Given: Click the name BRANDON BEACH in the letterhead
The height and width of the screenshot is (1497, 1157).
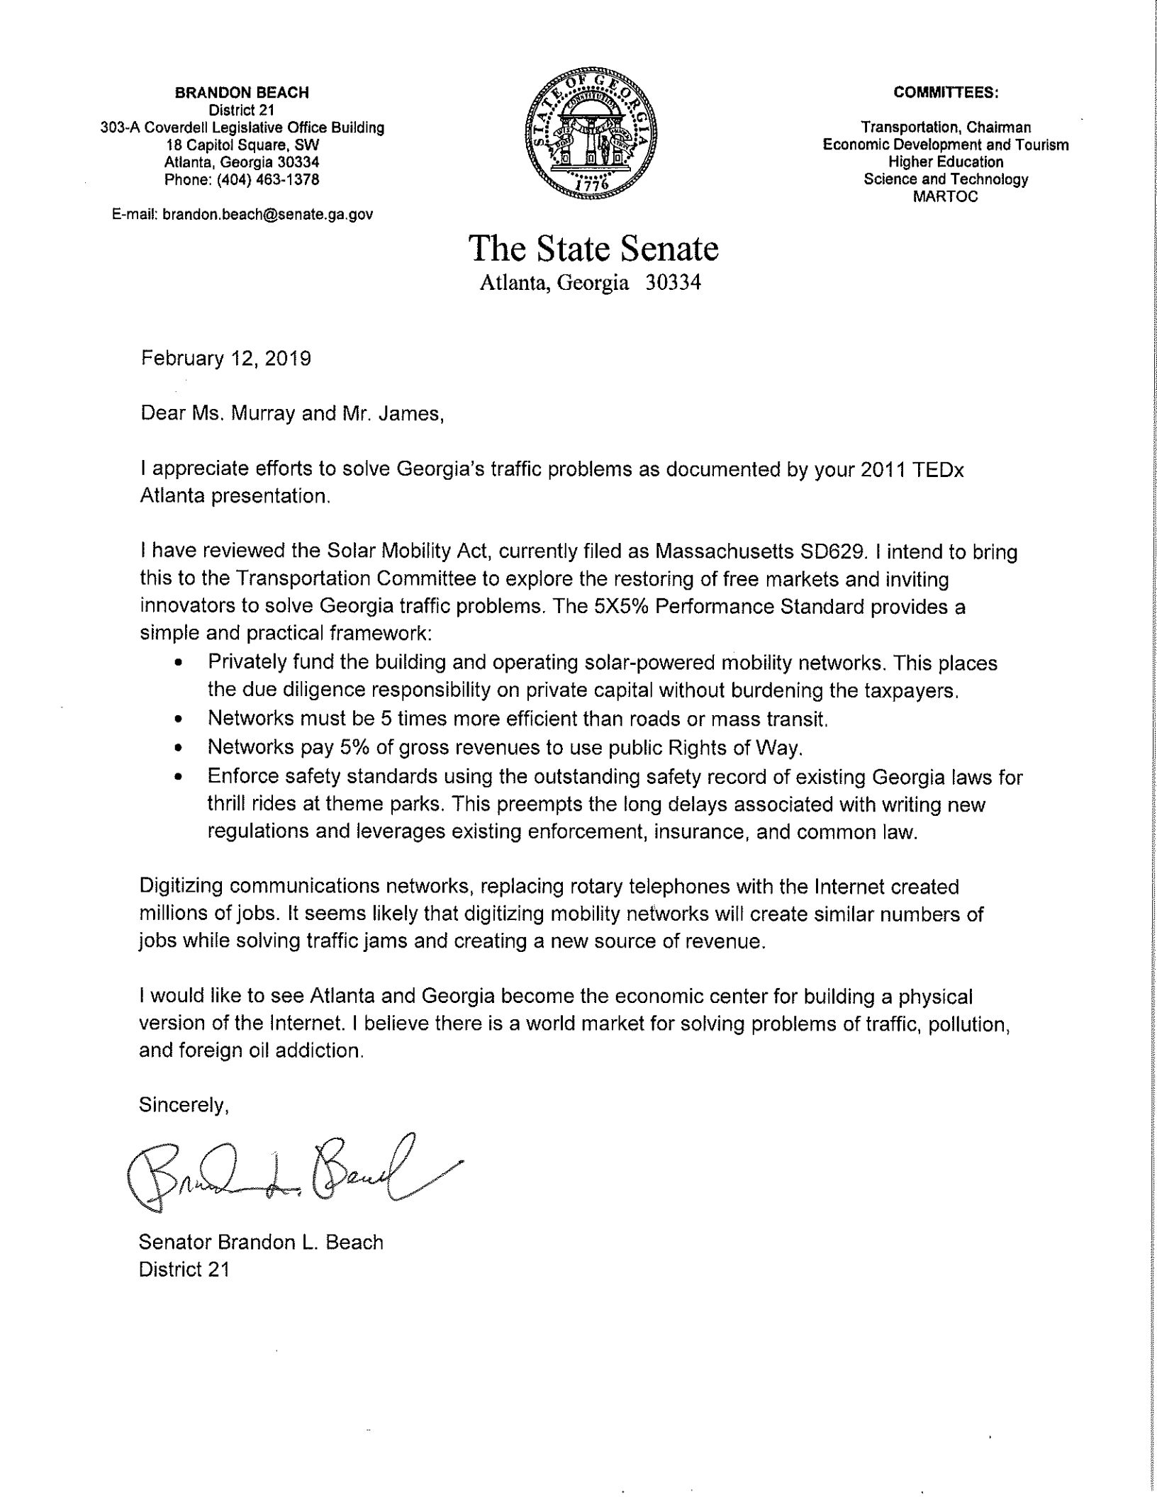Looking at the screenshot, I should click(242, 92).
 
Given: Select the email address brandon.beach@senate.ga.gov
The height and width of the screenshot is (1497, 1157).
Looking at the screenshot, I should click(267, 214).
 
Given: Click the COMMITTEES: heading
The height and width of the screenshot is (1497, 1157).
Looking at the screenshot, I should click(946, 92).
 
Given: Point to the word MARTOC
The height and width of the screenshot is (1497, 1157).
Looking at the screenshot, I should click(946, 196).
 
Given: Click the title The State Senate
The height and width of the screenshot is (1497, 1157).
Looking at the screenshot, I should click(593, 249).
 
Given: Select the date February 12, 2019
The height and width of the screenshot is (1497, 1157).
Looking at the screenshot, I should click(225, 359).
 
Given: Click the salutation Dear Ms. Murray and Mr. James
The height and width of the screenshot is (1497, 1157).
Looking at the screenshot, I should click(292, 413).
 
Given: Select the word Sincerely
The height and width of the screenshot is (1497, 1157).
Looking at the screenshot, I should click(184, 1105).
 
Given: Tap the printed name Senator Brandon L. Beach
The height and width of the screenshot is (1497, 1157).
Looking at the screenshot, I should click(261, 1243).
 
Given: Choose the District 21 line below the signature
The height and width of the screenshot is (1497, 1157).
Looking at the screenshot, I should click(184, 1269).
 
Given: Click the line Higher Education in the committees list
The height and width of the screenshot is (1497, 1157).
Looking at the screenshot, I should click(946, 162).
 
